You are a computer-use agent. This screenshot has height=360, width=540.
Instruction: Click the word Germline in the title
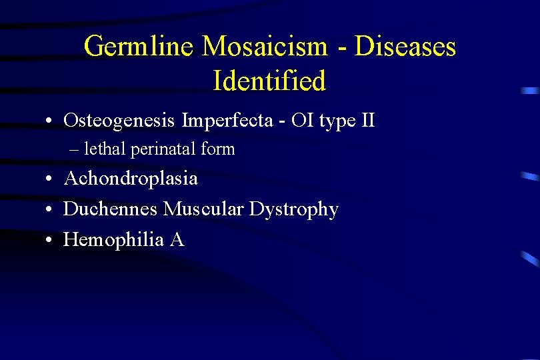pyautogui.click(x=139, y=47)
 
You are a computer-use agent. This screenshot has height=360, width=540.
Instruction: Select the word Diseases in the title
pyautogui.click(x=405, y=47)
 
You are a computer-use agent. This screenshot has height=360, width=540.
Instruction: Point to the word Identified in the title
pyautogui.click(x=269, y=81)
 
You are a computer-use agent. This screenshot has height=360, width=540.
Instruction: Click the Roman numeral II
pyautogui.click(x=366, y=121)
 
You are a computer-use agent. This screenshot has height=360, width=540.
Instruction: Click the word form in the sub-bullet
pyautogui.click(x=218, y=149)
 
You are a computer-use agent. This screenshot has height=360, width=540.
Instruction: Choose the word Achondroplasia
pyautogui.click(x=130, y=179)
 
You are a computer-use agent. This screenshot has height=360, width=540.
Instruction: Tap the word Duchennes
pyautogui.click(x=111, y=209)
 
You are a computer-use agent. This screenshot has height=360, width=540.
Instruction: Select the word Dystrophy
pyautogui.click(x=294, y=210)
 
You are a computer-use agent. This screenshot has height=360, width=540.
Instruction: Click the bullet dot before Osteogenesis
pyautogui.click(x=50, y=122)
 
